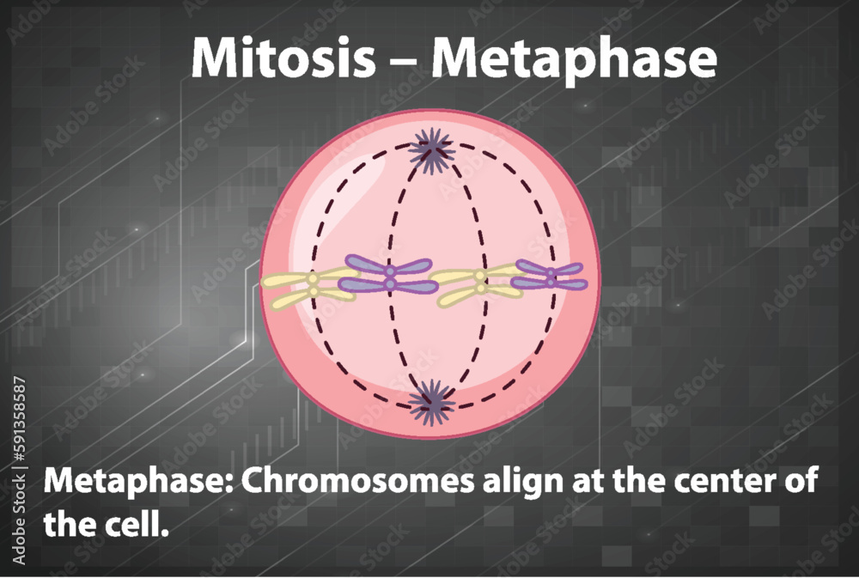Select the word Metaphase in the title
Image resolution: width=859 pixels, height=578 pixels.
coord(574,59)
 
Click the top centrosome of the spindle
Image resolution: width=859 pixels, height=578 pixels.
coord(431,149)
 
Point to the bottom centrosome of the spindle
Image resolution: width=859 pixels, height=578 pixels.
coord(431,400)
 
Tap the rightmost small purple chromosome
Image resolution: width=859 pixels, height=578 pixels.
coord(549,276)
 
